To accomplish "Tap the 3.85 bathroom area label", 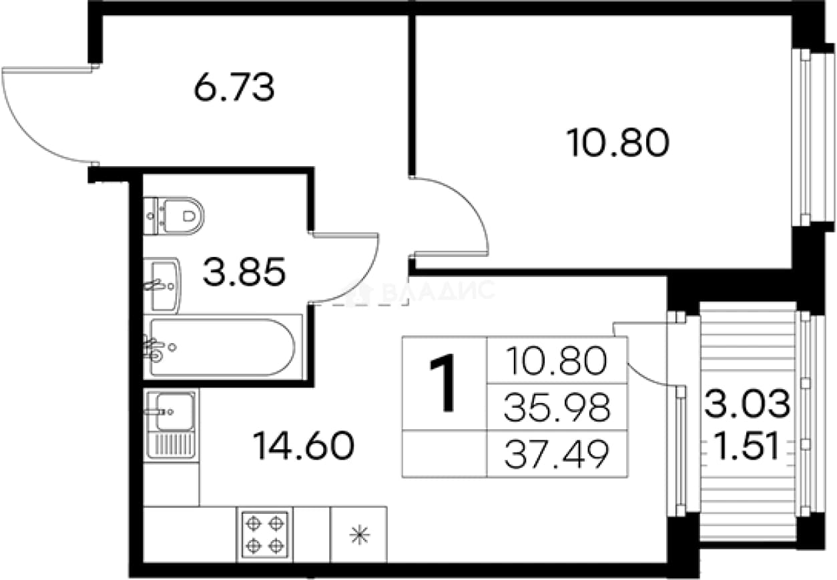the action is click(244, 272).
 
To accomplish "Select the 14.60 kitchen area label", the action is click(304, 445).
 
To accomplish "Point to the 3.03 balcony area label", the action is click(748, 403).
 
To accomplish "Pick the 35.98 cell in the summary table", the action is click(557, 406).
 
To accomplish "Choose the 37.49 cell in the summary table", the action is click(557, 454).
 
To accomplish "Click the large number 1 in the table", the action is click(444, 382).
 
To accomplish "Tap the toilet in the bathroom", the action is click(174, 216).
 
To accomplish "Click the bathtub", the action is click(223, 347).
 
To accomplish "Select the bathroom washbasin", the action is click(162, 286).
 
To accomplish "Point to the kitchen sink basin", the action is click(175, 411).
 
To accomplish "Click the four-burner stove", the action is click(264, 535).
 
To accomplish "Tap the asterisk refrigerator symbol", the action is click(360, 535).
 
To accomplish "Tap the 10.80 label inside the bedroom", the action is click(617, 142).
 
